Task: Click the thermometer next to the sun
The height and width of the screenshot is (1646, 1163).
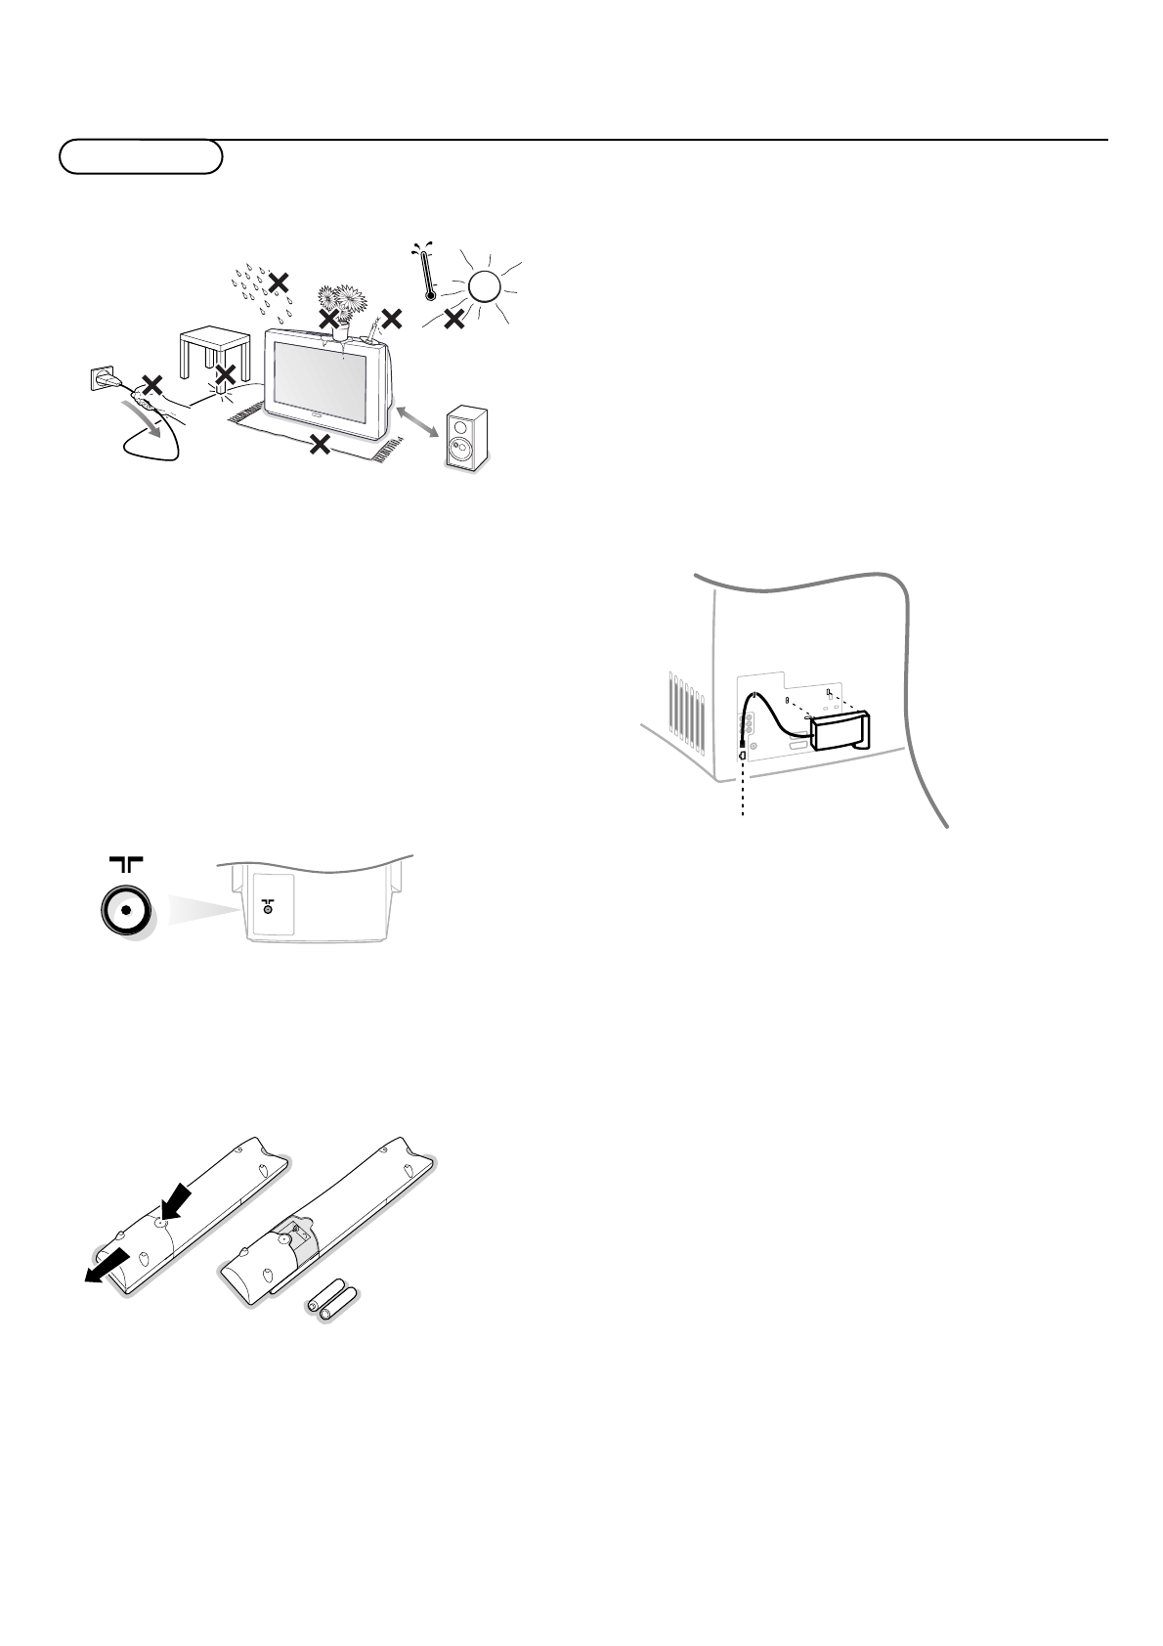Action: pos(427,273)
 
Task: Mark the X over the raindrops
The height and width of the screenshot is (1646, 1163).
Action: pos(279,282)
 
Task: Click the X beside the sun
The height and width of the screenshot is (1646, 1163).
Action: pos(453,318)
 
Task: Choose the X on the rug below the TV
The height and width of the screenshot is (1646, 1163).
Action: pos(319,445)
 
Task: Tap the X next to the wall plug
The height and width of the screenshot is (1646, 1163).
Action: pos(151,384)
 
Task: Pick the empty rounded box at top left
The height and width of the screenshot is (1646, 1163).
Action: pos(141,156)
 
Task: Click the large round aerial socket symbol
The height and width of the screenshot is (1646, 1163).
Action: pos(125,910)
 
